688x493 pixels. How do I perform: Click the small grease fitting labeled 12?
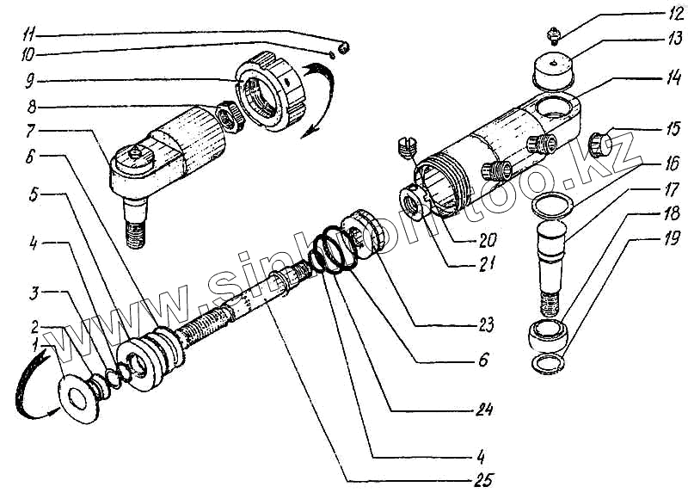[554, 35]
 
